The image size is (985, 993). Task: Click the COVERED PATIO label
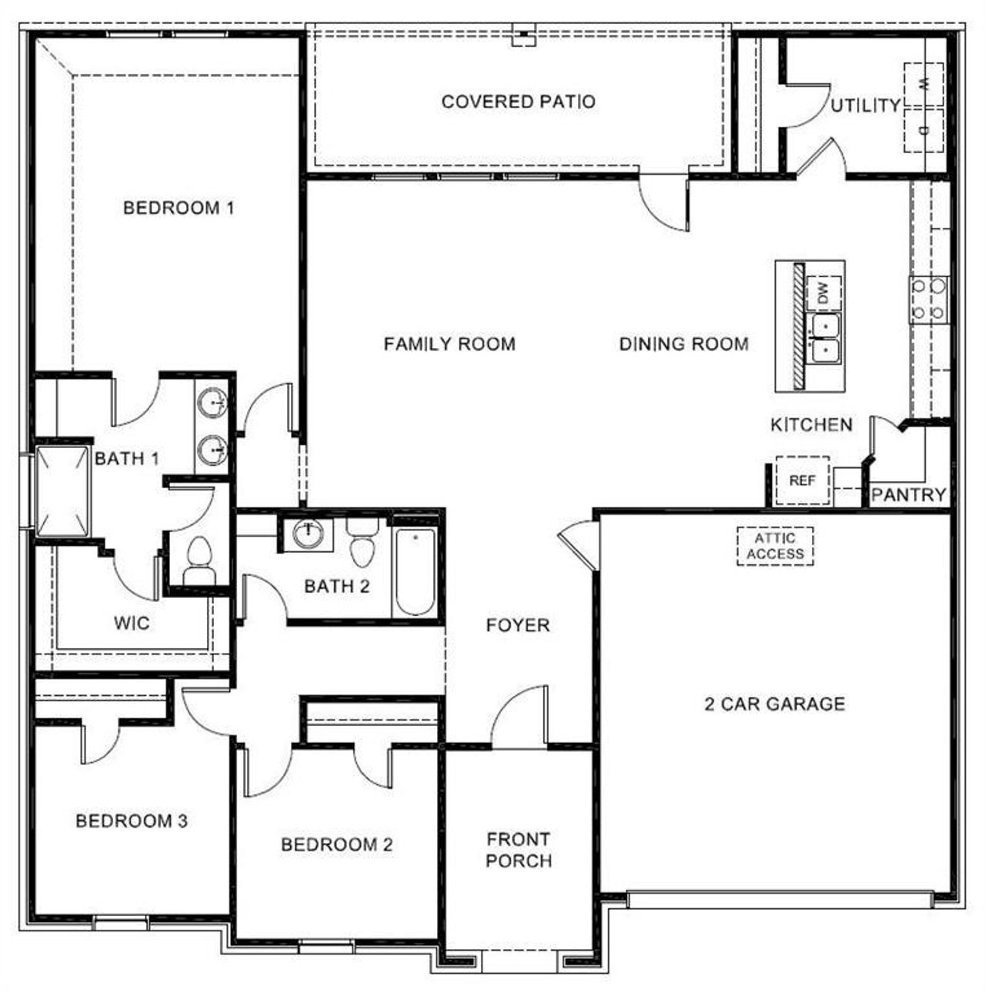[x=518, y=102]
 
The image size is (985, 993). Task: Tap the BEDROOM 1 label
[x=179, y=208]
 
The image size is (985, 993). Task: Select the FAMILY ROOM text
[x=449, y=344]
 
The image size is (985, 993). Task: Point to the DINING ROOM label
[x=683, y=344]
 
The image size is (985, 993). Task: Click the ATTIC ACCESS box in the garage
[x=775, y=546]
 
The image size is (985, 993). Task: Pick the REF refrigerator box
[x=802, y=480]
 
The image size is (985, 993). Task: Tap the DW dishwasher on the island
[x=824, y=293]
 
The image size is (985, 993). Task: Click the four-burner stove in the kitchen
[x=928, y=299]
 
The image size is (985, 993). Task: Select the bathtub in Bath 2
[x=416, y=570]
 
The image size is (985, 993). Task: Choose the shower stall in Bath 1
[x=62, y=490]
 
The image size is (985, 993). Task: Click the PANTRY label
[x=909, y=495]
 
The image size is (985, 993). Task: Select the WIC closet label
[x=132, y=623]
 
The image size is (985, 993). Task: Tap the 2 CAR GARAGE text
[x=774, y=704]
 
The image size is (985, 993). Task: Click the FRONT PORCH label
[x=519, y=850]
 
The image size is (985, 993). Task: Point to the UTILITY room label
[x=865, y=105]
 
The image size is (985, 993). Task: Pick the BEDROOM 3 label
[x=132, y=821]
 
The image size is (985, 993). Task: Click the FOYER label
[x=518, y=626]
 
